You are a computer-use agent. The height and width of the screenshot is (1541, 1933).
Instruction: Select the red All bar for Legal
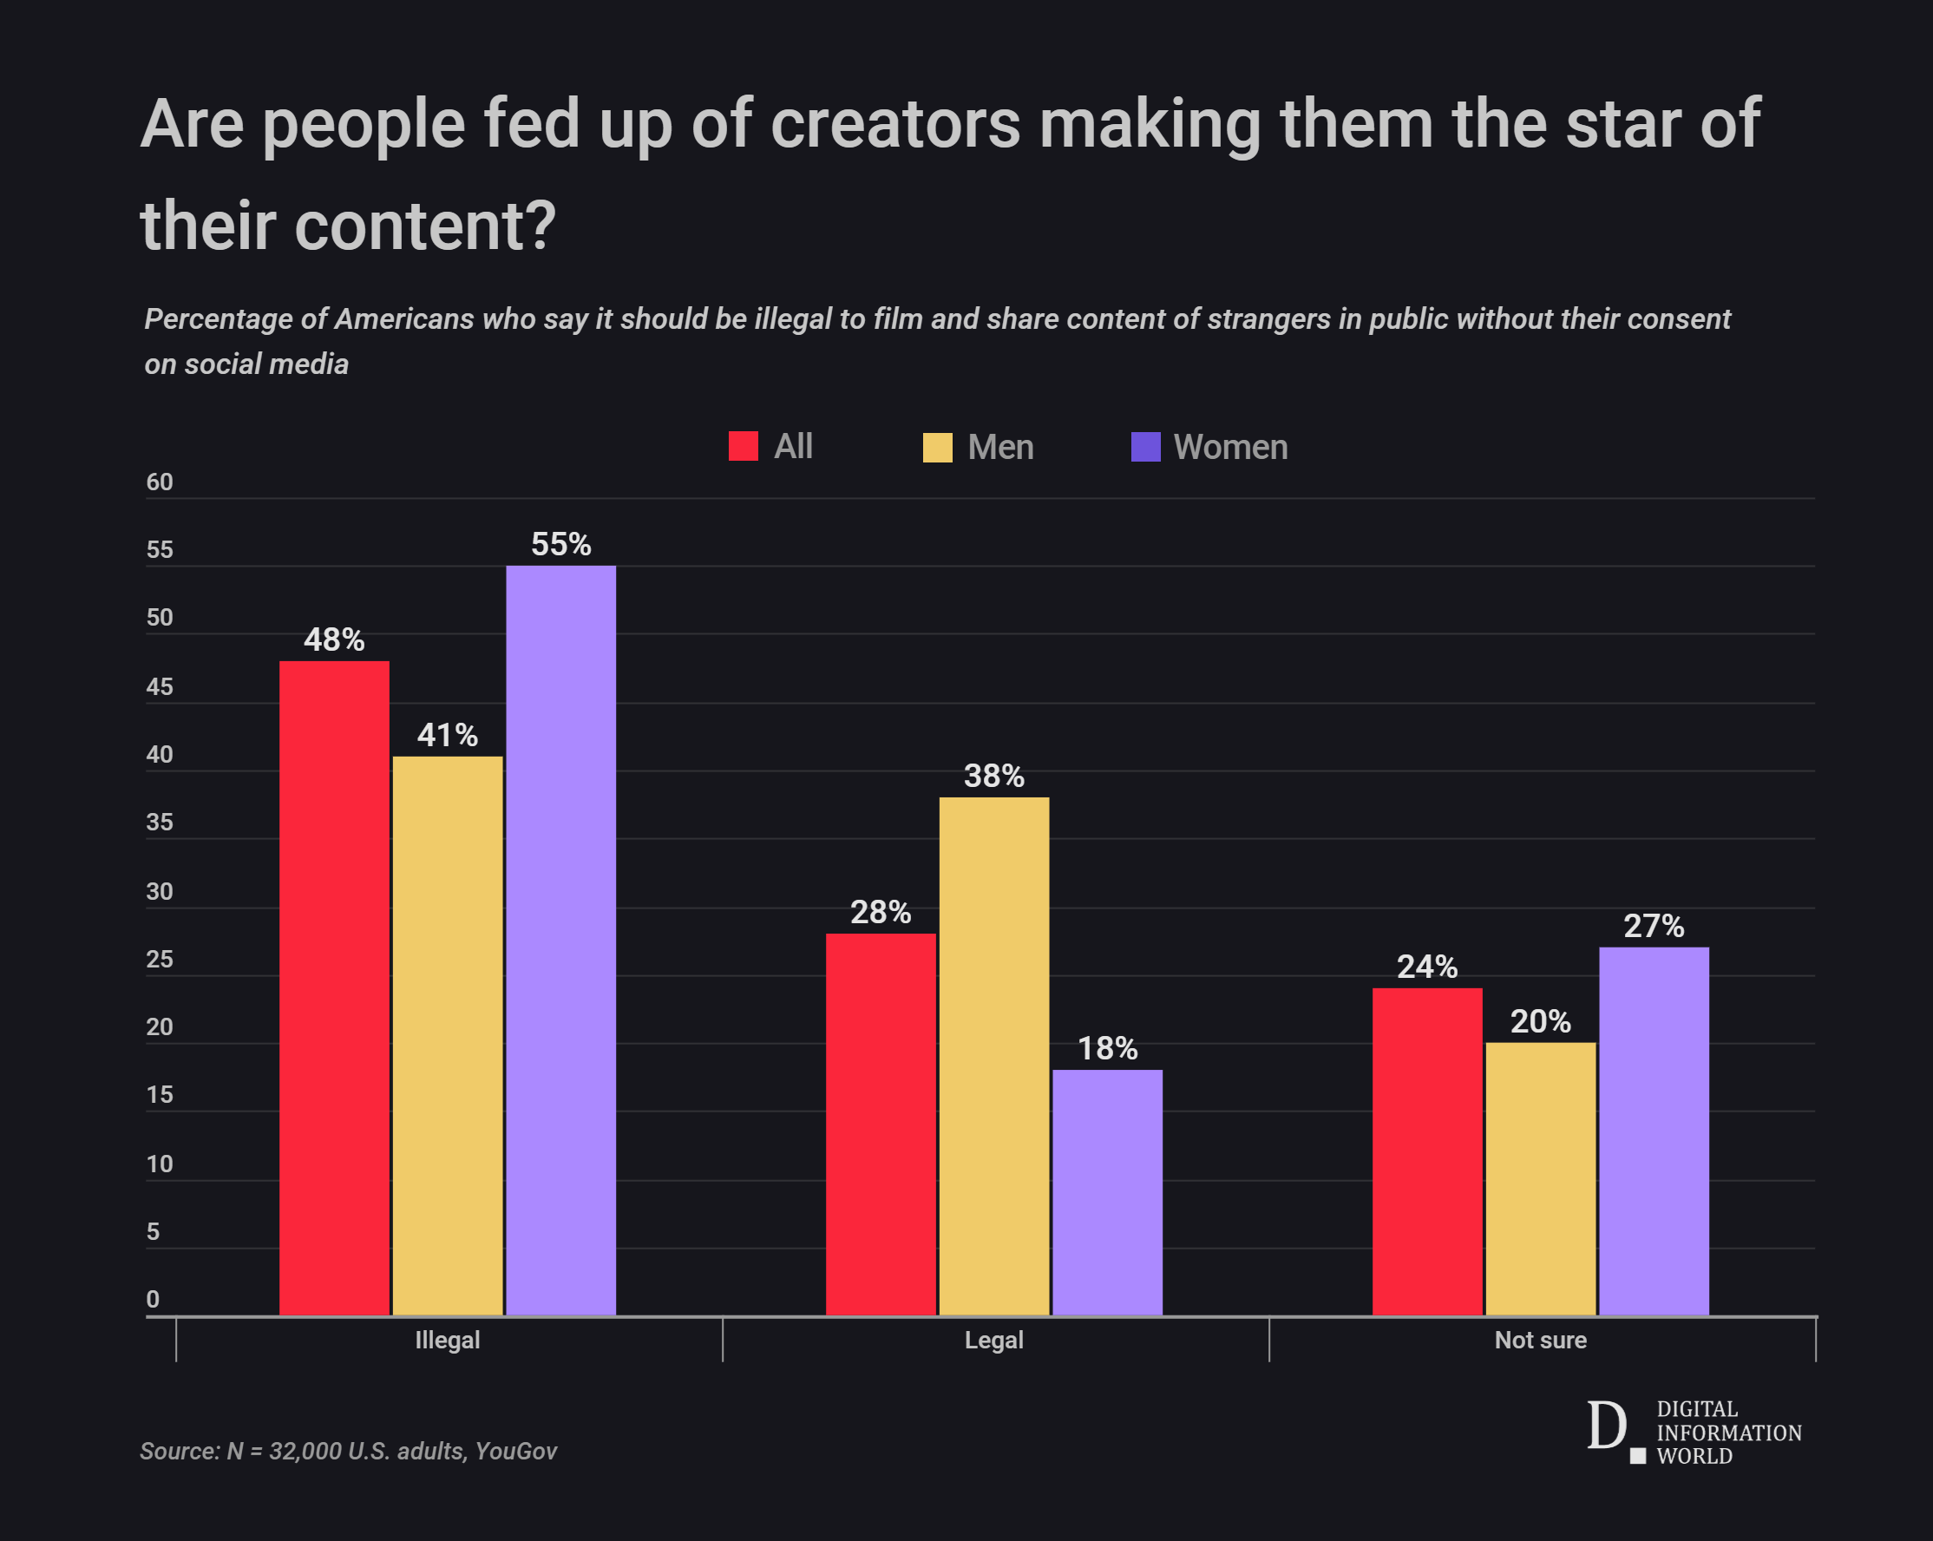pyautogui.click(x=881, y=1125)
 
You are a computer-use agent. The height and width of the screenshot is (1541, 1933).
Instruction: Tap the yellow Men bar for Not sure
pyautogui.click(x=1540, y=1178)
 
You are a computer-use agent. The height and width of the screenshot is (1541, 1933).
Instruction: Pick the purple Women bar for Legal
pyautogui.click(x=1107, y=1192)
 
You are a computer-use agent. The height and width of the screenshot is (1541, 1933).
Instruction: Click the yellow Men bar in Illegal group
pyautogui.click(x=448, y=1035)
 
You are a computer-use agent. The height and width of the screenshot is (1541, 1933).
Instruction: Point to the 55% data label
pyautogui.click(x=560, y=544)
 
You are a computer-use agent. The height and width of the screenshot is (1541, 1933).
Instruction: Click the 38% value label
pyautogui.click(x=993, y=776)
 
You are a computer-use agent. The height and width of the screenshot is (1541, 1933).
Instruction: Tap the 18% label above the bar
pyautogui.click(x=1107, y=1048)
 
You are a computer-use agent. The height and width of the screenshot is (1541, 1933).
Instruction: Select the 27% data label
pyautogui.click(x=1654, y=926)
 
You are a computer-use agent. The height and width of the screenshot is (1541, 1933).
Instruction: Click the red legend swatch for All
pyautogui.click(x=744, y=447)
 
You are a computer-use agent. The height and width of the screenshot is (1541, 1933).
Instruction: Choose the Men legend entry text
pyautogui.click(x=1000, y=448)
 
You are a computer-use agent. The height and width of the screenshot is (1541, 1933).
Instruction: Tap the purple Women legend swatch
pyautogui.click(x=1146, y=447)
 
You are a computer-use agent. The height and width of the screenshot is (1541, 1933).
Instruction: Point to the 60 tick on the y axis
pyautogui.click(x=160, y=482)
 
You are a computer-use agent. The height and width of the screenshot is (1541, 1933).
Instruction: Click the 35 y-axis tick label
pyautogui.click(x=160, y=822)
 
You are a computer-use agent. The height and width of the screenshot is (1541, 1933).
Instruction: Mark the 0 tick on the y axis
pyautogui.click(x=154, y=1299)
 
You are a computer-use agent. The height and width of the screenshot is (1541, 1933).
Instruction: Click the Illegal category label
pyautogui.click(x=448, y=1341)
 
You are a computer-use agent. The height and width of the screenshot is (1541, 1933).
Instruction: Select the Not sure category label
pyautogui.click(x=1540, y=1341)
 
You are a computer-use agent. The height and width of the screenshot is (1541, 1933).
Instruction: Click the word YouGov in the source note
pyautogui.click(x=515, y=1451)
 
